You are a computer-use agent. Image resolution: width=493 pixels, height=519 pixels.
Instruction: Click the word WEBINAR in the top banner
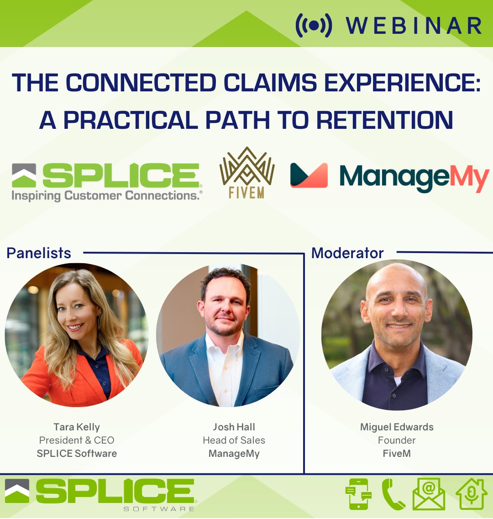point(414,26)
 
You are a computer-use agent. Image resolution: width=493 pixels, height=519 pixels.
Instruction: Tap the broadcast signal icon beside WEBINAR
point(314,26)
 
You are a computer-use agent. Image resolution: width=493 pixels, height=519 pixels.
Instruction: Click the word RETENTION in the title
point(384,120)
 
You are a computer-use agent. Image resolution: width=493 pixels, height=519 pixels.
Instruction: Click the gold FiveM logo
point(247,173)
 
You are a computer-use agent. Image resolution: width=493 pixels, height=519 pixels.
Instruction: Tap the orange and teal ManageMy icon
point(309,175)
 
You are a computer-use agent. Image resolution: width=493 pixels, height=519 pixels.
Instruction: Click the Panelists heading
point(39,253)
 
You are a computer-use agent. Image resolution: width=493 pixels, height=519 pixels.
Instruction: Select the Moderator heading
point(347,253)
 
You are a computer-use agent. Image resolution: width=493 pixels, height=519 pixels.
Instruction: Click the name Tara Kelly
point(77,427)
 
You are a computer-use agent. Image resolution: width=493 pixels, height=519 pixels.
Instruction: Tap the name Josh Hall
point(234,427)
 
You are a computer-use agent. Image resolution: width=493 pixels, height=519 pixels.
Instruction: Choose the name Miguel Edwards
point(397,427)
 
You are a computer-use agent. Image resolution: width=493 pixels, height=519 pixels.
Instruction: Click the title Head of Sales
point(234,440)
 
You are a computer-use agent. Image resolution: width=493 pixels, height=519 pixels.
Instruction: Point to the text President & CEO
point(77,440)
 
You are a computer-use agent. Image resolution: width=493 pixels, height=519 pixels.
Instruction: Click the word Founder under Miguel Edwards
point(397,440)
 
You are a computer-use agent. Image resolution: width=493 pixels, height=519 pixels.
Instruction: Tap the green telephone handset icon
point(393,494)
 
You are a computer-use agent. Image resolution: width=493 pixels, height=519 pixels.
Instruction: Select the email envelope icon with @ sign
point(429,494)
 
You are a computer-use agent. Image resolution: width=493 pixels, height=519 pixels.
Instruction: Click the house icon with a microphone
point(472,494)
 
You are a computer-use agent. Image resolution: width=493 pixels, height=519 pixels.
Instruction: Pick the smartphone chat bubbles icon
point(359,494)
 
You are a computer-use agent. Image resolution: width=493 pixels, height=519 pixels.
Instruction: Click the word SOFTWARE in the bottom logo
point(159,508)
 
